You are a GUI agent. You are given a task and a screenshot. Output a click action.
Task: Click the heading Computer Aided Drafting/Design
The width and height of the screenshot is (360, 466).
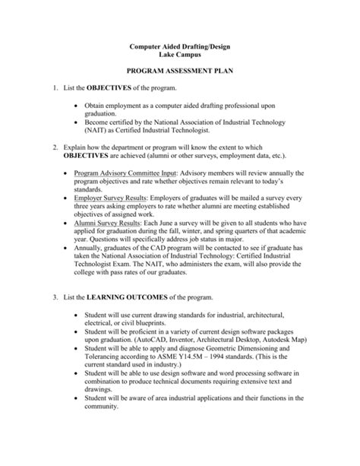(x=180, y=47)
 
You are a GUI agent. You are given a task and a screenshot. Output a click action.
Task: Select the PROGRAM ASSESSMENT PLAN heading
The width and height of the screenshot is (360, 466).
(x=180, y=78)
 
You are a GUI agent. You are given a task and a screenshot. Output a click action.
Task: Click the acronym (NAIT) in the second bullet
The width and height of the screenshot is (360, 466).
(x=100, y=150)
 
